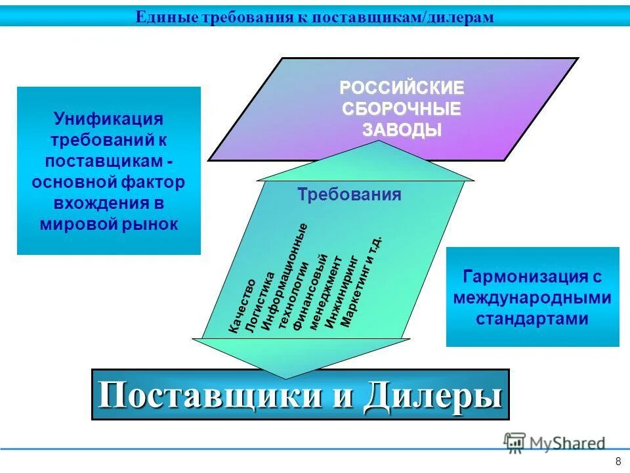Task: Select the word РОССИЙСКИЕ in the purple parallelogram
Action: [x=402, y=87]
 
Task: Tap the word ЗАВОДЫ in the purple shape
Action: [x=402, y=129]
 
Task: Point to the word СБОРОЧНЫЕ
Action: [x=402, y=108]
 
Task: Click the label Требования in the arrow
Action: [x=349, y=194]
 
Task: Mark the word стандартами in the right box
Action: [x=532, y=319]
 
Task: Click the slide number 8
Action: [x=618, y=460]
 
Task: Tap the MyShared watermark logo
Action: [x=555, y=443]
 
